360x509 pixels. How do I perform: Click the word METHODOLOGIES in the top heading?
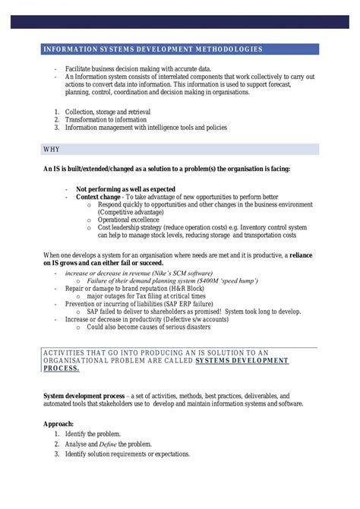click(226, 49)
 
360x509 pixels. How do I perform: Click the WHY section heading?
click(52, 150)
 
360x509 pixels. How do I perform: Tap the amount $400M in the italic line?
click(207, 281)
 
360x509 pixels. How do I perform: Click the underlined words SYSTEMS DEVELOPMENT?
click(242, 360)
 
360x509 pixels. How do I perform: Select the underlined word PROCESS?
click(62, 368)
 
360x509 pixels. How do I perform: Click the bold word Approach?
click(58, 423)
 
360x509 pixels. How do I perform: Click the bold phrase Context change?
click(98, 196)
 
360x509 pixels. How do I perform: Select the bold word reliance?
click(301, 254)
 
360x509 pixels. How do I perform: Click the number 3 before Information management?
click(56, 128)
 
